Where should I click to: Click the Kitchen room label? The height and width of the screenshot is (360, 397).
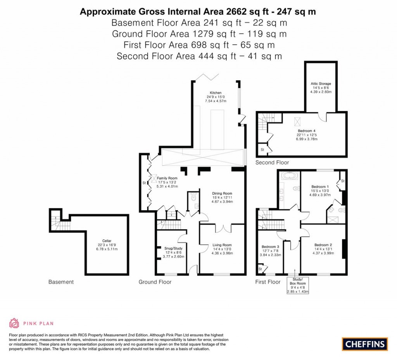(216, 93)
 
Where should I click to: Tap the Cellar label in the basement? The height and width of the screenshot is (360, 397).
(107, 241)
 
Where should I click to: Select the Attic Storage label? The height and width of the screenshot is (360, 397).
(321, 84)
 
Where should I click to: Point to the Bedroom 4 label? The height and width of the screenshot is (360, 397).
(307, 131)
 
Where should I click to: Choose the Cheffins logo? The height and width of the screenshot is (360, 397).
(365, 344)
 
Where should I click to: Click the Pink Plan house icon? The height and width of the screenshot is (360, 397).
(14, 323)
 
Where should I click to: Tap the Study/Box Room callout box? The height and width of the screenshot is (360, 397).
(298, 285)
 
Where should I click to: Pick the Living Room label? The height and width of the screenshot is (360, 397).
(222, 245)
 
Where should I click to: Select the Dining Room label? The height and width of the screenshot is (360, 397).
(222, 194)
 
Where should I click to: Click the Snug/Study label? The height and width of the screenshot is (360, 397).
(173, 248)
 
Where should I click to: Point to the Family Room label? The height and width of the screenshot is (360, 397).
(167, 178)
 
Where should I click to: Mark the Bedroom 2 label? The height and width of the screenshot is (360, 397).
(323, 245)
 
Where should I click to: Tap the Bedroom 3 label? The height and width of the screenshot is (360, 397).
(270, 247)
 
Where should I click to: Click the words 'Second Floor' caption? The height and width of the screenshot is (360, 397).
(272, 163)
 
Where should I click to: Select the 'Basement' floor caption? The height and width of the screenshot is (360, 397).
(61, 282)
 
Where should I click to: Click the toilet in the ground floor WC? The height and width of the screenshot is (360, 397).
(194, 196)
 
